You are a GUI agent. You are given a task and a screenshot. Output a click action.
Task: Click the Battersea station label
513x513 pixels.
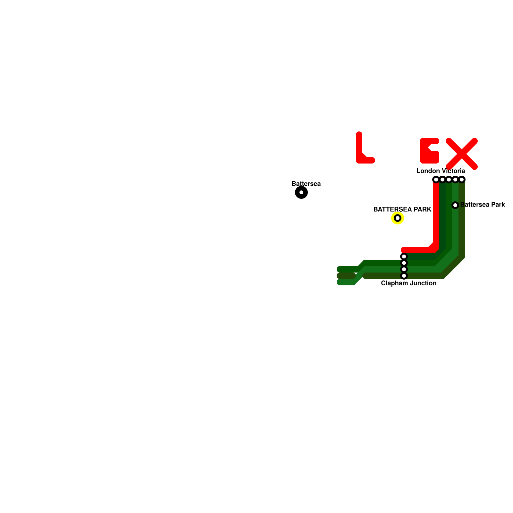tap(306, 184)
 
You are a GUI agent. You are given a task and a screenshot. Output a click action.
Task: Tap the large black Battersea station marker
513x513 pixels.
tap(301, 192)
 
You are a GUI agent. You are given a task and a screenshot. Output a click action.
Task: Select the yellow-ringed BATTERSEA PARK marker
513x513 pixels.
tap(398, 218)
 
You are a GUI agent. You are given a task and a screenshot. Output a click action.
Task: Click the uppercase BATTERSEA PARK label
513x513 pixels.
tap(402, 209)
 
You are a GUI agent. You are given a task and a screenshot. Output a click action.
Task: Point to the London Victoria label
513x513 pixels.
tap(441, 171)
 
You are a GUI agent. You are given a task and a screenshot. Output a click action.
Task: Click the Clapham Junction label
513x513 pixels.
tap(408, 283)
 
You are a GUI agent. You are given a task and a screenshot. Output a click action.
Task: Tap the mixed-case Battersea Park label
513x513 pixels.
tap(483, 205)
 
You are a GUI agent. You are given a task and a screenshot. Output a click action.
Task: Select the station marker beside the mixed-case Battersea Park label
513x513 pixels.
tap(455, 205)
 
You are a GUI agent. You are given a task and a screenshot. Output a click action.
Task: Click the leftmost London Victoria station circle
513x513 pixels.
tap(436, 180)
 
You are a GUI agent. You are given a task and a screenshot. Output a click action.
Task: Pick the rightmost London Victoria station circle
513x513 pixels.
tap(462, 180)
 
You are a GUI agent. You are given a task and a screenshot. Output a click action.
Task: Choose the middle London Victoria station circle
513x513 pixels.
tap(449, 180)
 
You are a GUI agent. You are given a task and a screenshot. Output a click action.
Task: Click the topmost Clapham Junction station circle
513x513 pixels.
tap(404, 256)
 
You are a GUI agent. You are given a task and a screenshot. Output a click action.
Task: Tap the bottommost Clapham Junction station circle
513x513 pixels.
tap(404, 276)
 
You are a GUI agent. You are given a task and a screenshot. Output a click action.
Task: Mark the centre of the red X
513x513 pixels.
tap(462, 154)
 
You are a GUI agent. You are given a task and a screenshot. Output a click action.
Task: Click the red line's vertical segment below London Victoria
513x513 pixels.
tap(436, 215)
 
